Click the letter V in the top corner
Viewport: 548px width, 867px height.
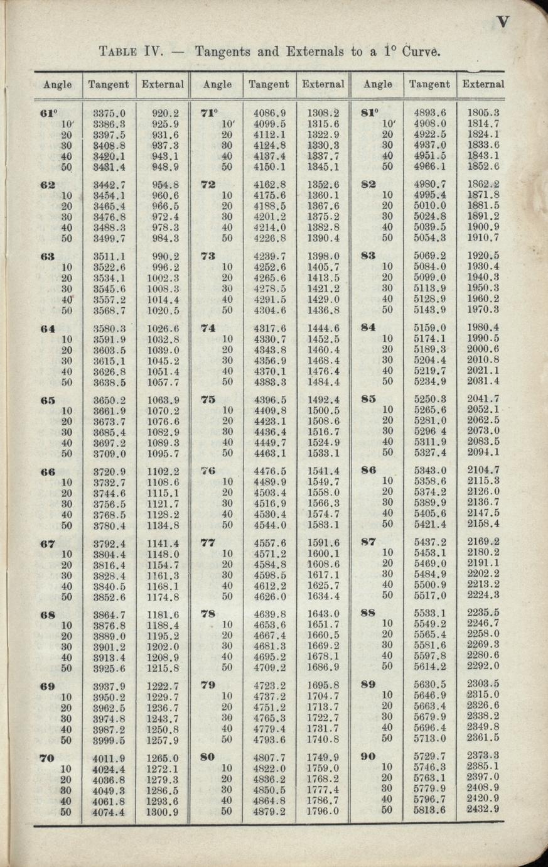pyautogui.click(x=503, y=23)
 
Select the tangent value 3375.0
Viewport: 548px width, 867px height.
pyautogui.click(x=109, y=114)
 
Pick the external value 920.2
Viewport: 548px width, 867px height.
pyautogui.click(x=165, y=114)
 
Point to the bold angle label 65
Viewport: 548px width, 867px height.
pyautogui.click(x=48, y=400)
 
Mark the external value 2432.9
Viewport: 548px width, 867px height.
pyautogui.click(x=483, y=809)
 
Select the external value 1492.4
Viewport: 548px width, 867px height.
pyautogui.click(x=323, y=400)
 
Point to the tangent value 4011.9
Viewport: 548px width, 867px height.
pyautogui.click(x=109, y=758)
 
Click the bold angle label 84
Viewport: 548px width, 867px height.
pyautogui.click(x=369, y=327)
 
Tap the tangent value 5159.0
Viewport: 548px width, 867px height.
pyautogui.click(x=430, y=327)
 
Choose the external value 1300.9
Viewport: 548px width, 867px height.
pyautogui.click(x=163, y=811)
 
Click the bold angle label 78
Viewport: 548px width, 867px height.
pyautogui.click(x=208, y=614)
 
